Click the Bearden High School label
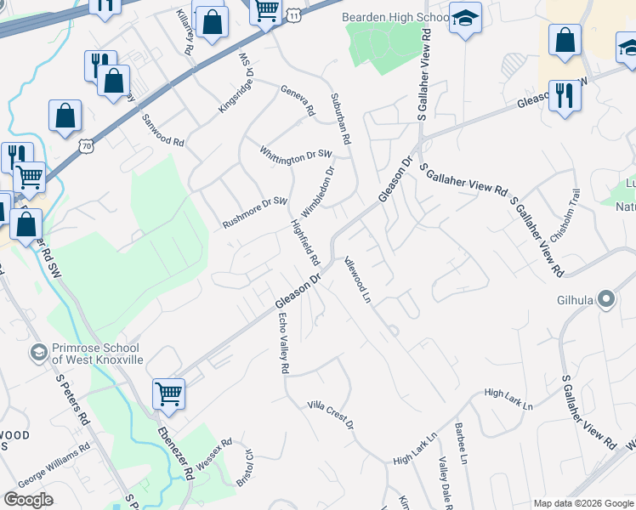pos(395,17)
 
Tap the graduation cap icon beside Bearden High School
pos(465,19)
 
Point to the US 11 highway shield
pos(293,15)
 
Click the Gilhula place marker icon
pos(606,298)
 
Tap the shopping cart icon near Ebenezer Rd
pos(168,394)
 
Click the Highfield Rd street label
pos(304,241)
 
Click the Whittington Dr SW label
pos(296,155)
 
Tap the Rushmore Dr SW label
pos(256,212)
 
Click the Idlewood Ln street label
pos(357,280)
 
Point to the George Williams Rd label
pos(54,457)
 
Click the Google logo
pos(28,500)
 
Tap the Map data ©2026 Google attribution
pos(582,503)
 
